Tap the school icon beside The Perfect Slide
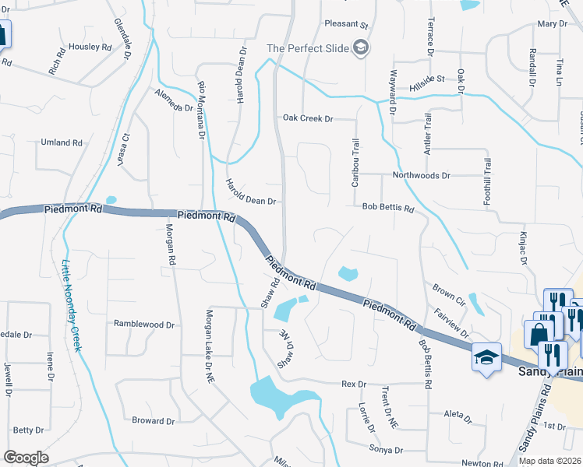pyautogui.click(x=360, y=48)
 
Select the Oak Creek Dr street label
pyautogui.click(x=308, y=118)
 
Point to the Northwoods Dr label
pyautogui.click(x=422, y=176)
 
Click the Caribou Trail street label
pyautogui.click(x=355, y=161)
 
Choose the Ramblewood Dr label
pyautogui.click(x=144, y=323)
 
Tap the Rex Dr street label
pyautogui.click(x=354, y=384)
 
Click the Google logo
pyautogui.click(x=26, y=458)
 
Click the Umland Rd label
pyautogui.click(x=62, y=143)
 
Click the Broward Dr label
pyautogui.click(x=153, y=421)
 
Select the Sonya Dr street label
pyautogui.click(x=387, y=450)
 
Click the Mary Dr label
pyautogui.click(x=552, y=24)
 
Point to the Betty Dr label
pyautogui.click(x=28, y=430)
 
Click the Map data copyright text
pyautogui.click(x=549, y=461)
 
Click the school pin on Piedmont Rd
pyautogui.click(x=486, y=358)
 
